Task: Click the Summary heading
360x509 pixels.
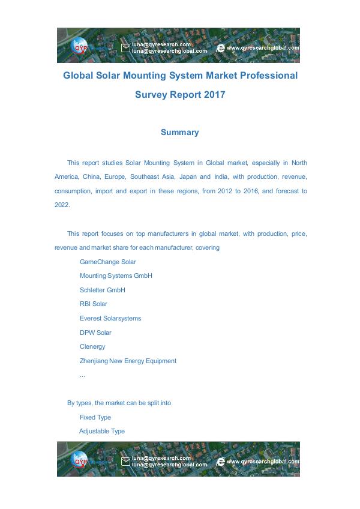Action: (x=179, y=132)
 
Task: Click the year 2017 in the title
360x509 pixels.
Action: (x=214, y=94)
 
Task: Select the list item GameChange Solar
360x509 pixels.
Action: (x=107, y=262)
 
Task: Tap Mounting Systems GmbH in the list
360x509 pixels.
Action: (x=116, y=276)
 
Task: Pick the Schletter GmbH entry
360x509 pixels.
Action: (x=102, y=290)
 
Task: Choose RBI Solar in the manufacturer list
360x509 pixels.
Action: (x=93, y=304)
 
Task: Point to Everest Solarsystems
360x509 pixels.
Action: (x=110, y=318)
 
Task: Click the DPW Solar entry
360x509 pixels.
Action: (x=95, y=333)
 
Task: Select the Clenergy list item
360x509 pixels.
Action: (x=92, y=346)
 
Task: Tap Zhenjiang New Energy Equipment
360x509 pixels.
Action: (x=128, y=361)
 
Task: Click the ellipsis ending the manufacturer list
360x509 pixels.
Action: (x=82, y=375)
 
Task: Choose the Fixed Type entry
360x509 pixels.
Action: (x=95, y=417)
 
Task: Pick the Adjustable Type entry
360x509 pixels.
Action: (x=102, y=431)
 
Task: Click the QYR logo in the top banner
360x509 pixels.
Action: (x=80, y=46)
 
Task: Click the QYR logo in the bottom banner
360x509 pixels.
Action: (x=80, y=460)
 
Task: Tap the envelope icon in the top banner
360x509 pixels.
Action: (x=125, y=47)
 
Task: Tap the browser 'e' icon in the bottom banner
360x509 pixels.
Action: (x=220, y=462)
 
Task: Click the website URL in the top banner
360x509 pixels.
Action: (x=263, y=47)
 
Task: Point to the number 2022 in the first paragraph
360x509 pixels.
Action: (x=62, y=205)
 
